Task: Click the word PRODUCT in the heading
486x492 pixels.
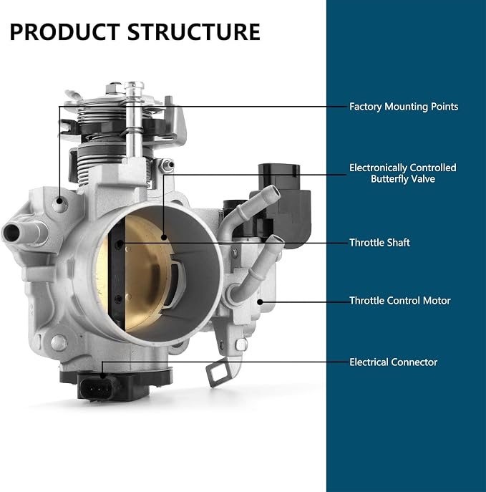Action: (65, 32)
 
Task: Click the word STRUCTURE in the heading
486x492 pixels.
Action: (194, 32)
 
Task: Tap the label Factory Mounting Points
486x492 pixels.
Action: (404, 107)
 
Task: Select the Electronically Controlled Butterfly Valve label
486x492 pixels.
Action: (403, 173)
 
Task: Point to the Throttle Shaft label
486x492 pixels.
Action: (379, 243)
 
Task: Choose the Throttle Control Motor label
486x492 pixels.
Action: (400, 301)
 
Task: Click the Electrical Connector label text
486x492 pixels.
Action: (393, 362)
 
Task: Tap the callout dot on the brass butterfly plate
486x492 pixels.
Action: (164, 237)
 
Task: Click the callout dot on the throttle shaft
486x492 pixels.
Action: (121, 243)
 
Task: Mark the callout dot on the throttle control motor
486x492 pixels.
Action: (260, 302)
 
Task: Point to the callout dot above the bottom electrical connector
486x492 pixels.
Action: (102, 375)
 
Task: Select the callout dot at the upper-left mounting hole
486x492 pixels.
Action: (59, 201)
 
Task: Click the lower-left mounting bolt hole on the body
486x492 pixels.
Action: (58, 342)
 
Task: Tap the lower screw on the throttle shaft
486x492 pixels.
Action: (119, 299)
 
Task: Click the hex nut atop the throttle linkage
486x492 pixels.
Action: (114, 87)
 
